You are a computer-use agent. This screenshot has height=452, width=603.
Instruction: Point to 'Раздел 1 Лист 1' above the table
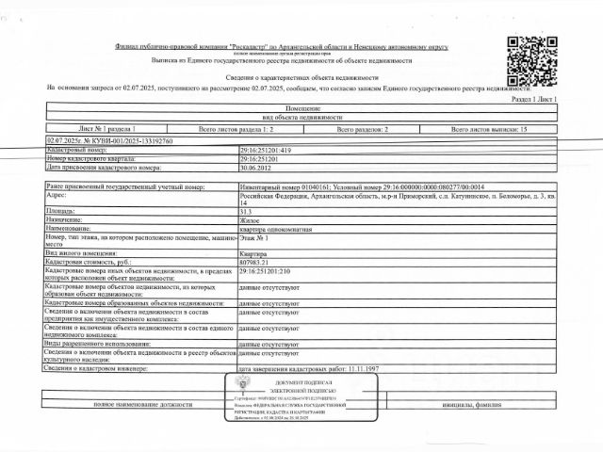click(533, 98)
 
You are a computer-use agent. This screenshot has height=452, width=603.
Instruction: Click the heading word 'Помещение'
click(301, 108)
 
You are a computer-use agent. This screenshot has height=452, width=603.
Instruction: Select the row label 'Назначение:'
click(67, 219)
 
